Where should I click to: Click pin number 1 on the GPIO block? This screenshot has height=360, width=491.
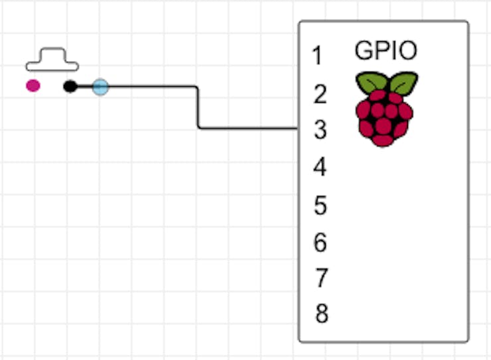click(318, 56)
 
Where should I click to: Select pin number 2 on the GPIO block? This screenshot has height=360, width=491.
click(320, 94)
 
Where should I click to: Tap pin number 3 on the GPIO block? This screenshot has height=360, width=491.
click(320, 130)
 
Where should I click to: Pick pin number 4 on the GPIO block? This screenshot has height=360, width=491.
click(320, 166)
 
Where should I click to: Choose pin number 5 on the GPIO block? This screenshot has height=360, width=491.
click(320, 205)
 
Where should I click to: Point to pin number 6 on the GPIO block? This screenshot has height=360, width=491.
click(320, 242)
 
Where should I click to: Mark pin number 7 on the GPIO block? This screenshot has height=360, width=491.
click(320, 278)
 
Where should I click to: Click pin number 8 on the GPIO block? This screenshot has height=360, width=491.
click(322, 313)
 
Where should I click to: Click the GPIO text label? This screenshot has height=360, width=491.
click(386, 50)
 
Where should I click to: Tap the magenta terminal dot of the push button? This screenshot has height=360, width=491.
click(33, 86)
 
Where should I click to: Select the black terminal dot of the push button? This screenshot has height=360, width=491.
click(70, 86)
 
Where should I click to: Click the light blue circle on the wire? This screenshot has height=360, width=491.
click(100, 87)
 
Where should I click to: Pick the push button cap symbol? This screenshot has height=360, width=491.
click(52, 60)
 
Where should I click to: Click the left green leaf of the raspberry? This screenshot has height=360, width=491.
click(372, 82)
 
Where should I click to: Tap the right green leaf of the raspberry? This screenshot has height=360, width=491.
click(403, 83)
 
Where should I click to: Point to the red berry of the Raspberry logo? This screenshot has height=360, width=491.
click(384, 118)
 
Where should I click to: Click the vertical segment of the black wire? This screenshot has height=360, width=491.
click(198, 107)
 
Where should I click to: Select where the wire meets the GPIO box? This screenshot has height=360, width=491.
click(299, 128)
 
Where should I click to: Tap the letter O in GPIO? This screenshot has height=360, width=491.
click(408, 50)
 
